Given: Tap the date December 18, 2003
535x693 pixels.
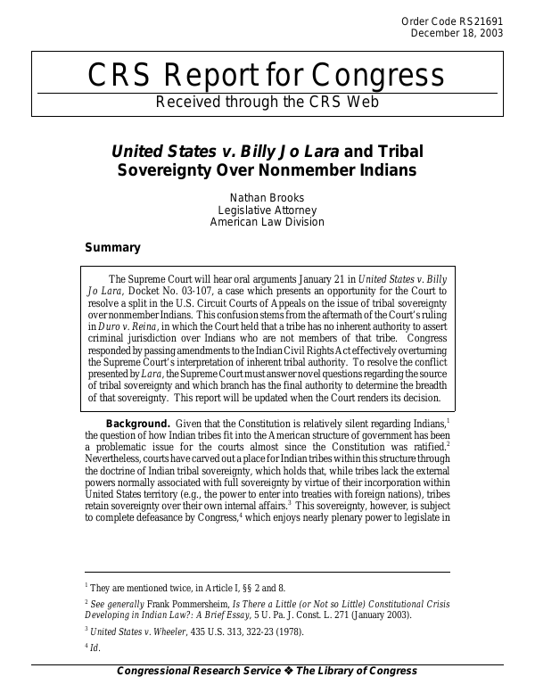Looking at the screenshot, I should [457, 34].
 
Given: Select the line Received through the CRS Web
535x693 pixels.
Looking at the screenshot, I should [267, 102].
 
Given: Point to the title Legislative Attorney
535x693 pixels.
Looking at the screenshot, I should [267, 209].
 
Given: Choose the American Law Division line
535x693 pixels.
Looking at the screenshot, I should [267, 222].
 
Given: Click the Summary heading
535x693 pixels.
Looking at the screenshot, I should [111, 247].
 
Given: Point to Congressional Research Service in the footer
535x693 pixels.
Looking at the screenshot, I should [193, 671].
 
